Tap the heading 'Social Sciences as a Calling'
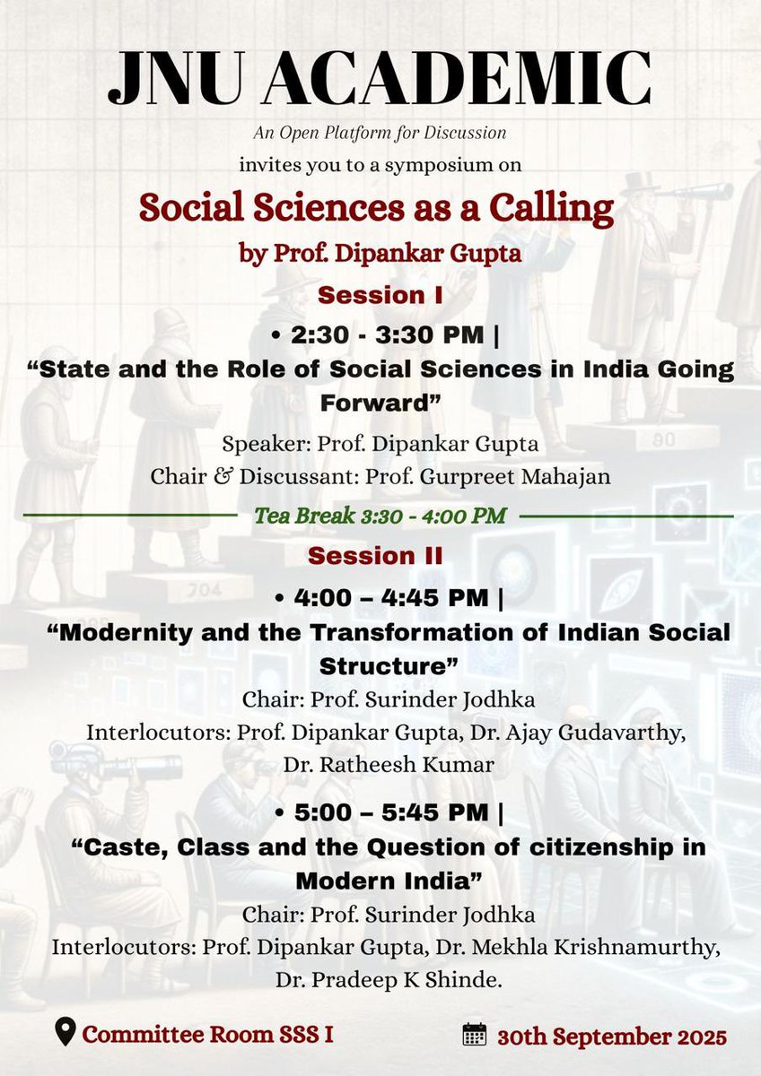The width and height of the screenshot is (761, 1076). pyautogui.click(x=376, y=208)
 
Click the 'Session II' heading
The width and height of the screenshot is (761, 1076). pyautogui.click(x=375, y=555)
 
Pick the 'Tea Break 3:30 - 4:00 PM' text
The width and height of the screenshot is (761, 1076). pyautogui.click(x=380, y=516)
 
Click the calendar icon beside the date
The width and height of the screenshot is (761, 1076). pyautogui.click(x=474, y=1036)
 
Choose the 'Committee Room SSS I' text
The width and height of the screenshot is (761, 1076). pyautogui.click(x=208, y=1034)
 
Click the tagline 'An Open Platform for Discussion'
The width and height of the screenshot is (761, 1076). pyautogui.click(x=380, y=133)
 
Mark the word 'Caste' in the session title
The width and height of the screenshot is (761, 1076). pyautogui.click(x=106, y=847)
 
